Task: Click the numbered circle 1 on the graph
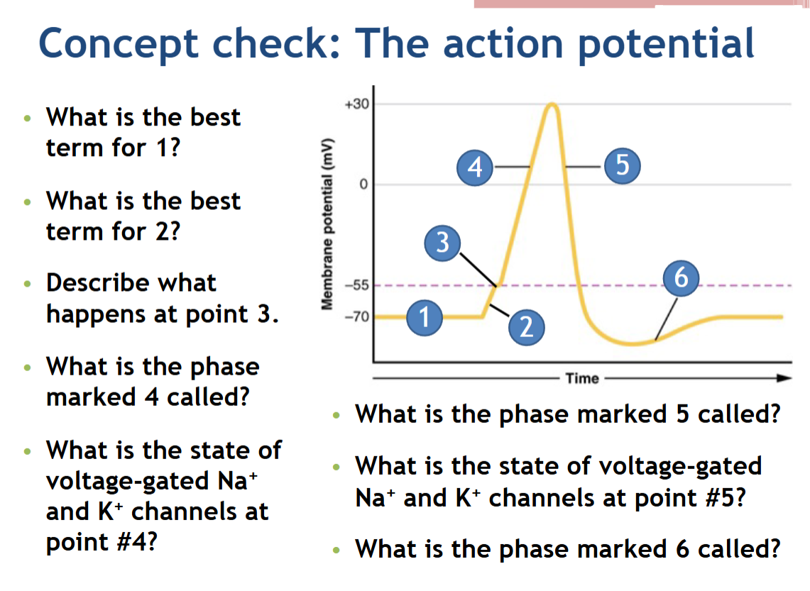424,316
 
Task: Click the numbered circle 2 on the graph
526,326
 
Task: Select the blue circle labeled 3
442,243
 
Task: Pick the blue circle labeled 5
623,167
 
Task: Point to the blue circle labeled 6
681,277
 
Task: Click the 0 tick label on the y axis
363,185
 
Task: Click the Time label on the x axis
582,378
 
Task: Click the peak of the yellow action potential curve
552,106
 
